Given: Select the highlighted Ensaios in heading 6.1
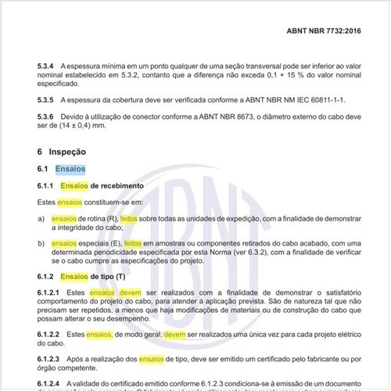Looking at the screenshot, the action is click(x=76, y=169).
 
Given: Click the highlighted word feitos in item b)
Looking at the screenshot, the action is click(x=135, y=243).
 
